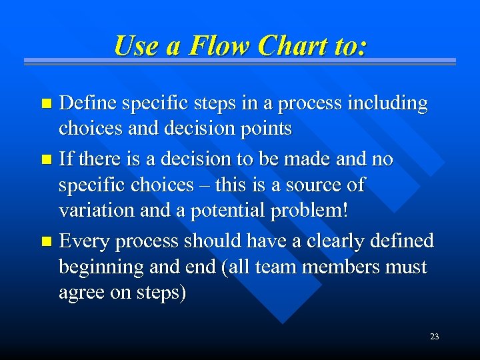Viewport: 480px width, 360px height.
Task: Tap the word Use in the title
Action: tap(137, 46)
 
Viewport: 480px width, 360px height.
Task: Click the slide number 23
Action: tap(434, 337)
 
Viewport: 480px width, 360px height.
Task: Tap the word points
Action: tap(266, 128)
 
